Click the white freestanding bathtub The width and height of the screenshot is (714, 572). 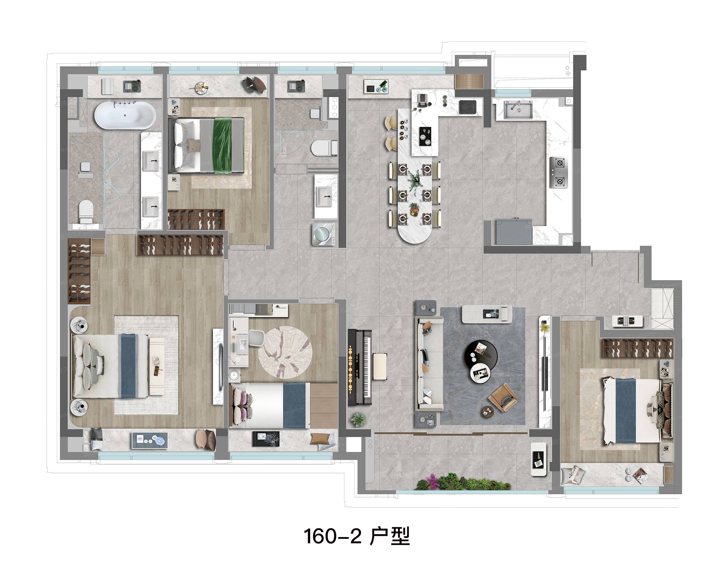point(125,115)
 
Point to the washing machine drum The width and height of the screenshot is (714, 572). point(323,234)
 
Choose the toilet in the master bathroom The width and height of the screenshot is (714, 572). point(86,212)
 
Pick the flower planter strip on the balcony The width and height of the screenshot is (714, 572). point(463,482)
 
